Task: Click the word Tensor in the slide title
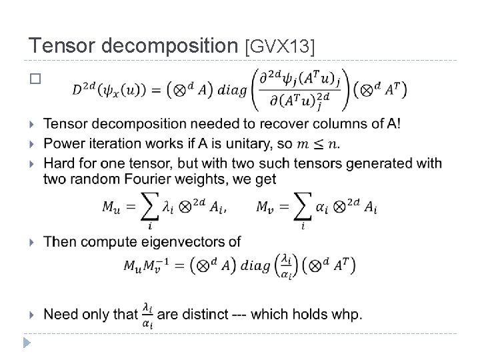pyautogui.click(x=59, y=45)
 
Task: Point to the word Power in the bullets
pyautogui.click(x=61, y=143)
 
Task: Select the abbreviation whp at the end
pyautogui.click(x=349, y=313)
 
